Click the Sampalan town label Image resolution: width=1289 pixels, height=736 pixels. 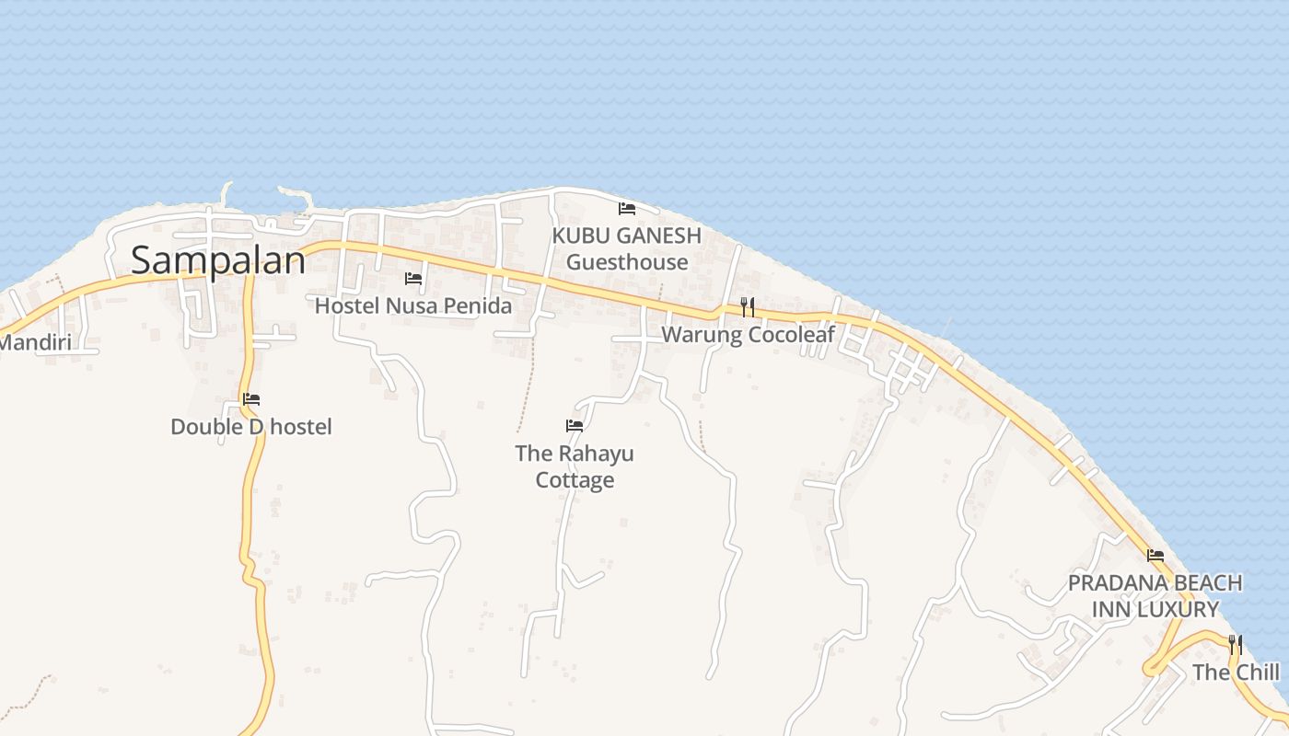coord(217,260)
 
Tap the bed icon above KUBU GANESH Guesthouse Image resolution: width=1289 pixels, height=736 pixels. coord(627,209)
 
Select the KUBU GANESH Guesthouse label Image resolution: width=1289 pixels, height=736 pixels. coord(627,248)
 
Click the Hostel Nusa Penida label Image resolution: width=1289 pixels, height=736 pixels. coord(413,305)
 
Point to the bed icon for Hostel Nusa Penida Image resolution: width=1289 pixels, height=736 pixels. coord(413,279)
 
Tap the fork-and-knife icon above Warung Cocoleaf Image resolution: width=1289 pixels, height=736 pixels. coord(748,307)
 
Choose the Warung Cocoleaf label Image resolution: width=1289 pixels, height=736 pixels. coord(748,335)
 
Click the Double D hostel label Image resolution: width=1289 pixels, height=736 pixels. coord(251,427)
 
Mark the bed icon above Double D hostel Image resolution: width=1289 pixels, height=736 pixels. coord(251,399)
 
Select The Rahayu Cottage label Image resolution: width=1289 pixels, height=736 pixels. coord(575,466)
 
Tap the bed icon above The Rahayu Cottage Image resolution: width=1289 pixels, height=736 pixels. coord(575,426)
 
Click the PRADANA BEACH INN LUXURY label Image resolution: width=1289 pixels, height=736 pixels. coord(1155,596)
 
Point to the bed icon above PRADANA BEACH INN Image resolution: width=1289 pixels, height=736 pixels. coord(1155,556)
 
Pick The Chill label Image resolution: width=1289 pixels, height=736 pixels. coord(1236,673)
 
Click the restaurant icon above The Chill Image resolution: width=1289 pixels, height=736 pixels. coord(1236,644)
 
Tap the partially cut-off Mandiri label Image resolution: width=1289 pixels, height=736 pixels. coord(35,343)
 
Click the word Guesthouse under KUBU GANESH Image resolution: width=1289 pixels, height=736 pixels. coord(627,262)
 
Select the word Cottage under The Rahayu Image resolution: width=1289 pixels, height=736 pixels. coord(575,480)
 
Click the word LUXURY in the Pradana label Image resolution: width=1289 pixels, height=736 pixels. coord(1179,609)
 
